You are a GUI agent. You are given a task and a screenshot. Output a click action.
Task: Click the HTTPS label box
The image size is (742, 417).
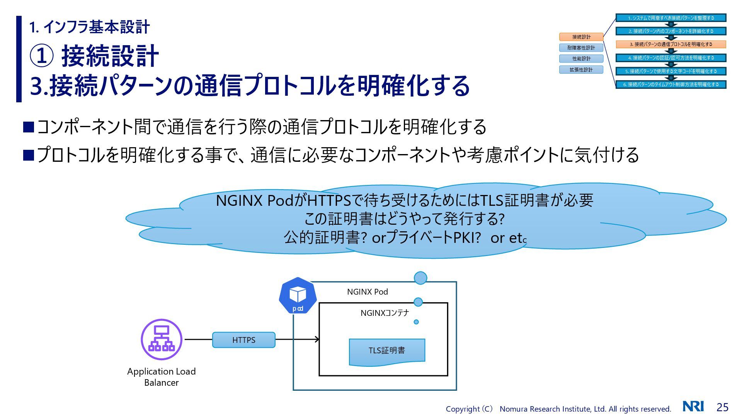243,340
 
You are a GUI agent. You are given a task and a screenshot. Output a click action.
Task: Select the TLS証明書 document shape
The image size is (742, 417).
387,351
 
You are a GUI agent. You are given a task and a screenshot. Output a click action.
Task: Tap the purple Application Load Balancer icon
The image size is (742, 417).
162,339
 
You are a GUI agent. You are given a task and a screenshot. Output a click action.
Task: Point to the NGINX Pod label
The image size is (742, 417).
367,292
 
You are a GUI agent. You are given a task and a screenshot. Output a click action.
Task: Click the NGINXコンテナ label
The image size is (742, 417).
385,313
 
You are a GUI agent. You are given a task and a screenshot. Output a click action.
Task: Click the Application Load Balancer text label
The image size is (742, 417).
162,377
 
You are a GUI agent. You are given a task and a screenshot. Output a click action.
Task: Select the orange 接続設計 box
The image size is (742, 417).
581,37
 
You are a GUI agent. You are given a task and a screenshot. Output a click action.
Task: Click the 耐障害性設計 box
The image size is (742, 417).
581,48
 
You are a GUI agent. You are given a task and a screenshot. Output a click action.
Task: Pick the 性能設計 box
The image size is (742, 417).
581,59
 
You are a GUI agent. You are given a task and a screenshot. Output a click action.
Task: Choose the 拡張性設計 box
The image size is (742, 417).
581,70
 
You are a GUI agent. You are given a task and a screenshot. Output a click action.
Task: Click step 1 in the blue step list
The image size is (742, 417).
671,18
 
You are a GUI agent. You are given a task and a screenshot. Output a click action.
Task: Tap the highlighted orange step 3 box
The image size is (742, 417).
671,44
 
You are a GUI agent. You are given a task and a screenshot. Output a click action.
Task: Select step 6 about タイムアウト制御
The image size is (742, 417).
671,84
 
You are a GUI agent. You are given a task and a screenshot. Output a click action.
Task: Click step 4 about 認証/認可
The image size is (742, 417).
671,58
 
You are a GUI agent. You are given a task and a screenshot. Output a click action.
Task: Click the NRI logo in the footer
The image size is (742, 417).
693,406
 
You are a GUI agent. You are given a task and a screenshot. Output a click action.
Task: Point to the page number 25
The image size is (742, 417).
722,407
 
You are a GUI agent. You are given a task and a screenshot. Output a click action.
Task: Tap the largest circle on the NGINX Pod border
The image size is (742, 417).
420,278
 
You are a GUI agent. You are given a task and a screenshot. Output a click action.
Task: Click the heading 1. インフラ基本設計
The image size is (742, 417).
89,27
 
